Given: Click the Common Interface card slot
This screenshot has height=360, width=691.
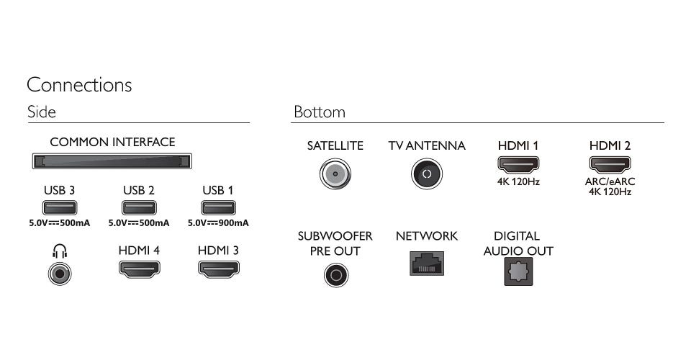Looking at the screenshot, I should click(112, 161).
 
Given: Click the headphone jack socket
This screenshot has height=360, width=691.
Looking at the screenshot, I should click(60, 274).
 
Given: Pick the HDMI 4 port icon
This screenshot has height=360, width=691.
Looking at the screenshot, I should click(139, 270).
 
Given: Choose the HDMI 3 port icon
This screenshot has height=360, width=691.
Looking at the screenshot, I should click(218, 270).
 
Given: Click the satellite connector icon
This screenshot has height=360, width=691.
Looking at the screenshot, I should click(335, 174).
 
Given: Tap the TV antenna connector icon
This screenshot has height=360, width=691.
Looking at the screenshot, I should click(426, 174).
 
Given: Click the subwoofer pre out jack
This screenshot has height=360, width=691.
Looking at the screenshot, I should click(335, 274).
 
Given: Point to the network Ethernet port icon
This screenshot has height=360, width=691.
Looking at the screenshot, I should click(427, 264).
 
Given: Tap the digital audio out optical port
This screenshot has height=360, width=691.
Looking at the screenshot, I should click(518, 272).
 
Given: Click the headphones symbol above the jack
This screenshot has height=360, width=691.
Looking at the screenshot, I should click(60, 251).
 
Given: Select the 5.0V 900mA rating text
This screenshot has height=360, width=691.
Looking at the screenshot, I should click(218, 223).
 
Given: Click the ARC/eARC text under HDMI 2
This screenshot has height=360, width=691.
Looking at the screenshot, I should click(610, 182).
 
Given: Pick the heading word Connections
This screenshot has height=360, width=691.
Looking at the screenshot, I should click(79, 85).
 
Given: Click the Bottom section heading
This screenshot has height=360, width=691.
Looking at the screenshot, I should click(319, 112).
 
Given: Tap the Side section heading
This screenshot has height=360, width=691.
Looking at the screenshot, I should click(41, 112).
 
